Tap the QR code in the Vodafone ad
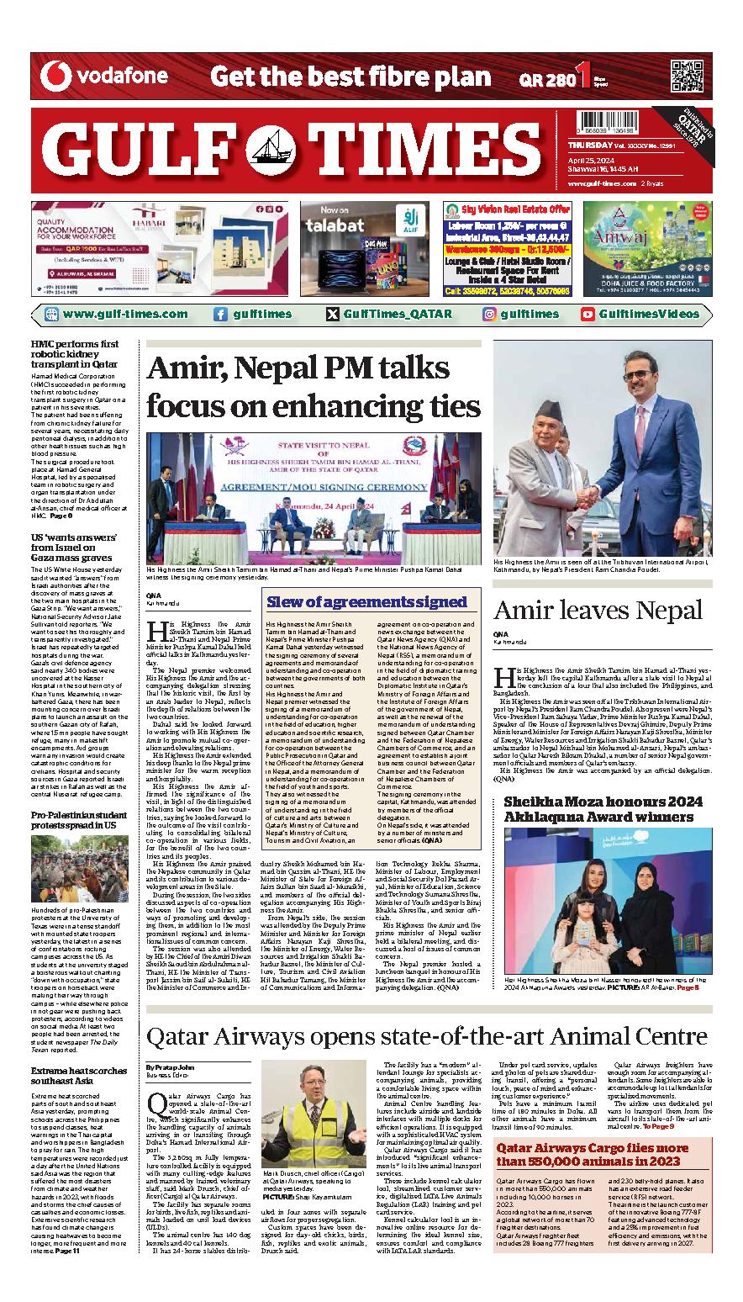(x=687, y=77)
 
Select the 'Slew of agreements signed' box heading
(x=366, y=602)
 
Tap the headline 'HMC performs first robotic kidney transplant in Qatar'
(x=75, y=354)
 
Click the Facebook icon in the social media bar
(x=220, y=315)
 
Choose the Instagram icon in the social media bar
(x=489, y=315)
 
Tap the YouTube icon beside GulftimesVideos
(x=588, y=315)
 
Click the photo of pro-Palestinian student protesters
(x=80, y=869)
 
